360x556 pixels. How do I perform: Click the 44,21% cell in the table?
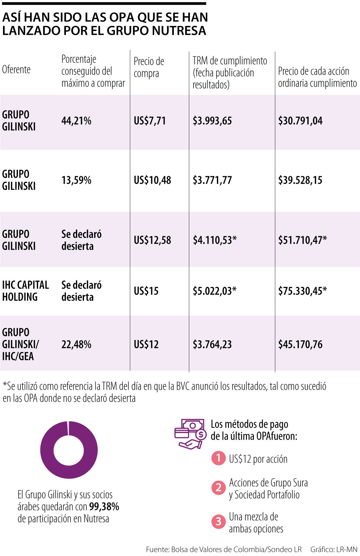(x=76, y=121)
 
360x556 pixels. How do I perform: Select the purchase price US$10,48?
(x=152, y=180)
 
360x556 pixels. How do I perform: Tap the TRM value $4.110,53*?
(x=214, y=240)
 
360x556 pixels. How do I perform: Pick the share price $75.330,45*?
(x=302, y=291)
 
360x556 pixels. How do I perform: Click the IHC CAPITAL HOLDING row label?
(x=25, y=291)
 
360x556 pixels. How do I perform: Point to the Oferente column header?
(x=16, y=70)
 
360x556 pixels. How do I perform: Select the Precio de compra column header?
(x=149, y=67)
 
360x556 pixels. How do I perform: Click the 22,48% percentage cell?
(x=76, y=344)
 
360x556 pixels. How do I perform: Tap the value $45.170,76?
(x=300, y=344)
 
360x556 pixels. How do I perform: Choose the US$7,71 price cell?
(x=149, y=121)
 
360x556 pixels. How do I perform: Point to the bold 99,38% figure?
(x=104, y=507)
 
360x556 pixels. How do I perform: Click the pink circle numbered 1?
(x=218, y=458)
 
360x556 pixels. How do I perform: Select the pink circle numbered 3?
(x=218, y=522)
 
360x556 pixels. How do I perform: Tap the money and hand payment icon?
(x=190, y=434)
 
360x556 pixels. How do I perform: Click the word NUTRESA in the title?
(x=179, y=31)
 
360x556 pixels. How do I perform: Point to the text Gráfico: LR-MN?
(x=334, y=549)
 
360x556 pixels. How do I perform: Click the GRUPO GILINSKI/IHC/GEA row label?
(x=20, y=344)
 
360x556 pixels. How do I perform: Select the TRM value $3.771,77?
(x=212, y=180)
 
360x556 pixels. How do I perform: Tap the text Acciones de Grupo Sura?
(x=268, y=482)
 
